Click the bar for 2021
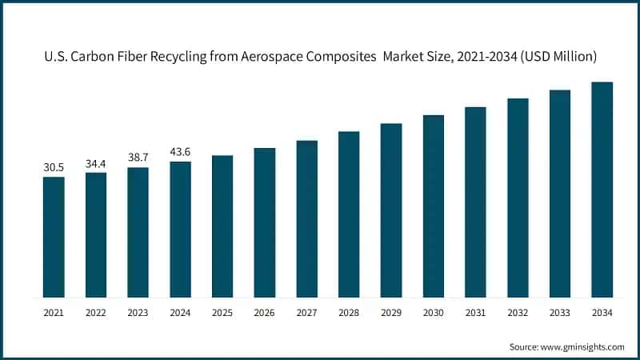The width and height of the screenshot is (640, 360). pyautogui.click(x=54, y=237)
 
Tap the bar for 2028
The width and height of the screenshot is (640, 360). pyautogui.click(x=349, y=214)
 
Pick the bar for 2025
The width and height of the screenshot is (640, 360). pyautogui.click(x=222, y=226)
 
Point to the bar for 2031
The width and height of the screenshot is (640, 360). pyautogui.click(x=475, y=202)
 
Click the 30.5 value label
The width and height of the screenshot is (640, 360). pyautogui.click(x=54, y=167)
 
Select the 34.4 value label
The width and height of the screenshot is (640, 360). pyautogui.click(x=96, y=163)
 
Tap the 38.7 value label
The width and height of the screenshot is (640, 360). pyautogui.click(x=138, y=158)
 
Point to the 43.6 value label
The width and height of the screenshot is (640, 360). pyautogui.click(x=180, y=152)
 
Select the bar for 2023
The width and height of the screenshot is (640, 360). pyautogui.click(x=138, y=232)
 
